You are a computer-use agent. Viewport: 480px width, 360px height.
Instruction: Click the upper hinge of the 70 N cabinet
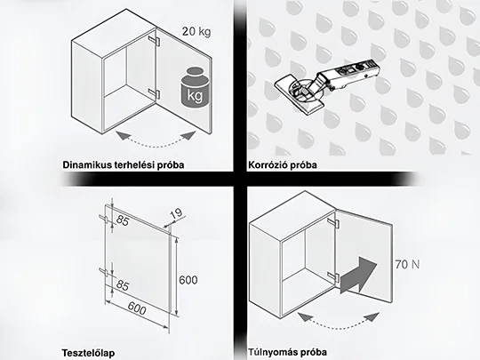pos(332,221)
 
